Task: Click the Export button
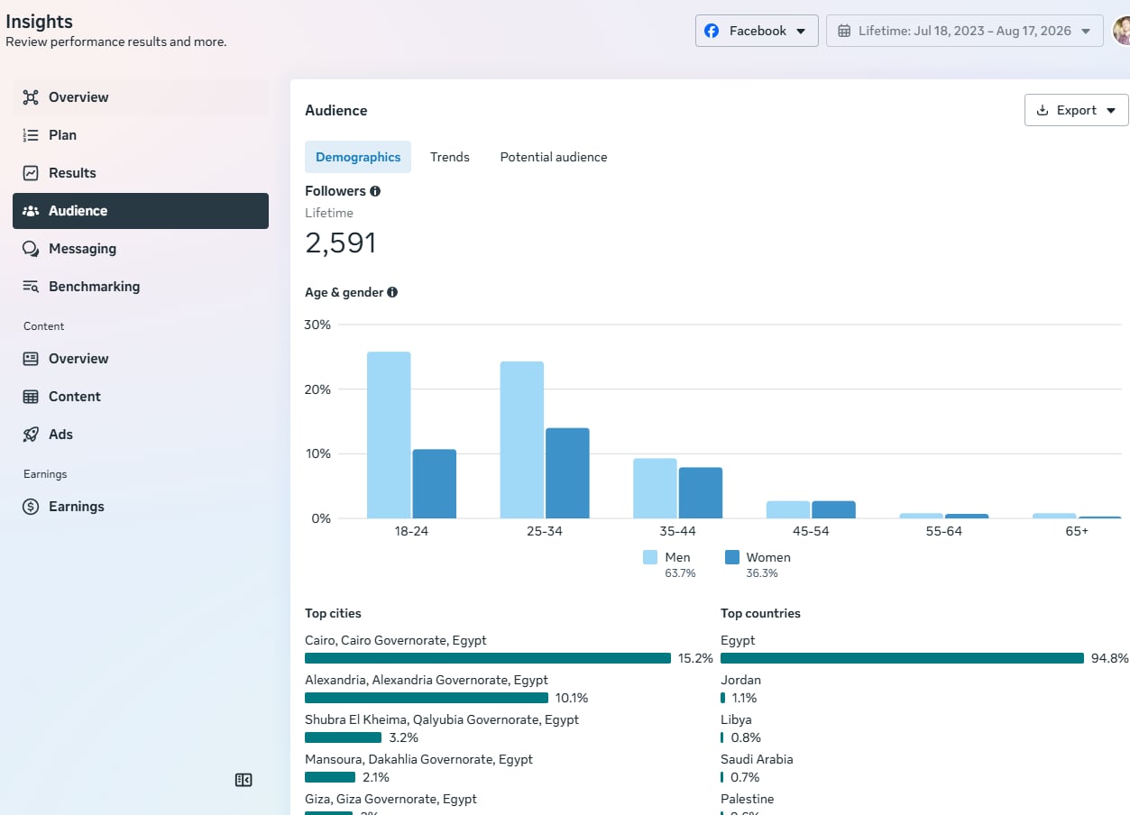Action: click(x=1076, y=110)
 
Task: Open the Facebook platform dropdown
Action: click(x=757, y=31)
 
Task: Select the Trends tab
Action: click(x=449, y=157)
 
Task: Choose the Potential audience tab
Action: click(x=554, y=157)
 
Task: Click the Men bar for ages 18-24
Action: click(x=389, y=435)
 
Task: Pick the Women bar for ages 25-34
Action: click(x=567, y=473)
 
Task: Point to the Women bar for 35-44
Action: click(x=701, y=493)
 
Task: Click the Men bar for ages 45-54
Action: click(x=788, y=509)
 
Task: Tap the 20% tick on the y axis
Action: click(x=317, y=389)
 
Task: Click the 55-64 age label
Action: click(x=944, y=531)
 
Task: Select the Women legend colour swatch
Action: click(x=732, y=557)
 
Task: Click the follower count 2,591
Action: click(x=341, y=243)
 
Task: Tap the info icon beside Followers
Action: click(x=375, y=191)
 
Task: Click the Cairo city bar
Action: click(x=488, y=658)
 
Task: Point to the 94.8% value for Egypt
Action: click(x=1109, y=658)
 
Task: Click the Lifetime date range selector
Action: click(x=965, y=31)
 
